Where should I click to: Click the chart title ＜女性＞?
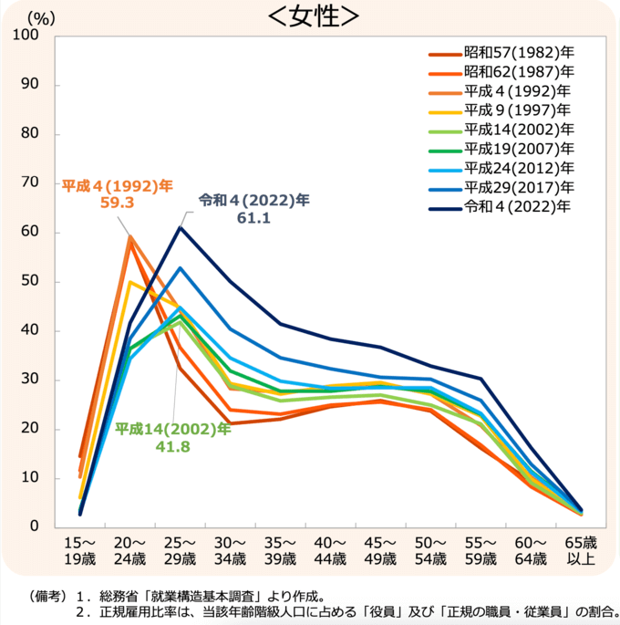tap(311, 16)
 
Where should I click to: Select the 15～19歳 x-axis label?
tap(80, 550)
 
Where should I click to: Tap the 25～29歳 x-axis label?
tap(181, 550)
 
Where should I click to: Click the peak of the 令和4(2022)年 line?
tap(181, 227)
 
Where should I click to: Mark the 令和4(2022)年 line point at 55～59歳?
tap(480, 378)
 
